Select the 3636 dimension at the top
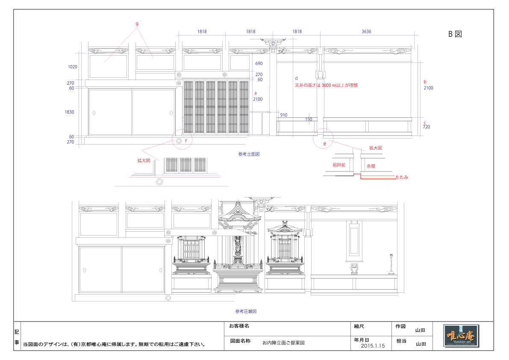[x=366, y=31]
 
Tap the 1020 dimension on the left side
[x=73, y=67]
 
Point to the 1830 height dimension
[x=69, y=112]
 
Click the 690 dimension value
[x=259, y=63]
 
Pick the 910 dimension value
[x=283, y=115]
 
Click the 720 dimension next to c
[x=426, y=127]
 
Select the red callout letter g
[x=137, y=24]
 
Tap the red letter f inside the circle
[x=186, y=140]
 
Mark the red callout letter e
[x=324, y=144]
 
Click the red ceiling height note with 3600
[x=326, y=85]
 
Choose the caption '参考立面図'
[x=249, y=154]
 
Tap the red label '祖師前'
[x=339, y=165]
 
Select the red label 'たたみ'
[x=402, y=177]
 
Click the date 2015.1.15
[x=373, y=346]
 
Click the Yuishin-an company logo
[x=461, y=336]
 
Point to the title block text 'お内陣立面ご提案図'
[x=283, y=342]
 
